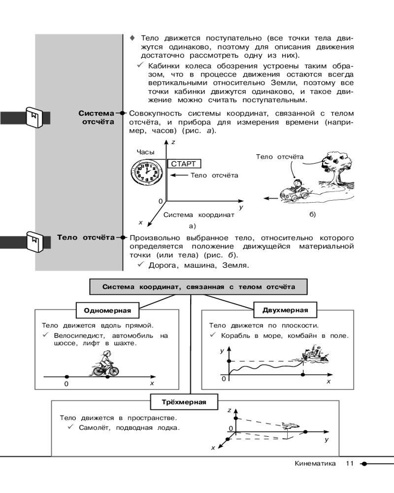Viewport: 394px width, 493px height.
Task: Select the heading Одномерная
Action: pyautogui.click(x=107, y=311)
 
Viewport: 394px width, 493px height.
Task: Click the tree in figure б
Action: pyautogui.click(x=336, y=168)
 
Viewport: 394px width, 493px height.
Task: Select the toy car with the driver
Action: pyautogui.click(x=294, y=191)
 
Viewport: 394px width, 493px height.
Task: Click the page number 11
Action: pyautogui.click(x=350, y=463)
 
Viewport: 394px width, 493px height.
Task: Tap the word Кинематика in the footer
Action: pyautogui.click(x=315, y=463)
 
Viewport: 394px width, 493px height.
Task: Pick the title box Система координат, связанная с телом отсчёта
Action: pyautogui.click(x=198, y=286)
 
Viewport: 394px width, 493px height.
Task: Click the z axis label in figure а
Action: pyautogui.click(x=173, y=142)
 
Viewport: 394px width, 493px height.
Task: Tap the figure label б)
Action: pyautogui.click(x=312, y=214)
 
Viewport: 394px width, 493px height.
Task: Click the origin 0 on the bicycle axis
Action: pyautogui.click(x=66, y=384)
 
